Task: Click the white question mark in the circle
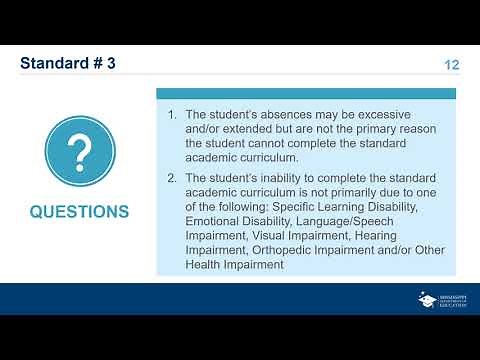tap(78, 151)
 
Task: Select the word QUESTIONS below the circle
tap(79, 212)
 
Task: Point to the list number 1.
tap(172, 115)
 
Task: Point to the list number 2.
tap(172, 177)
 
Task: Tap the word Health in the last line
tap(207, 265)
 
